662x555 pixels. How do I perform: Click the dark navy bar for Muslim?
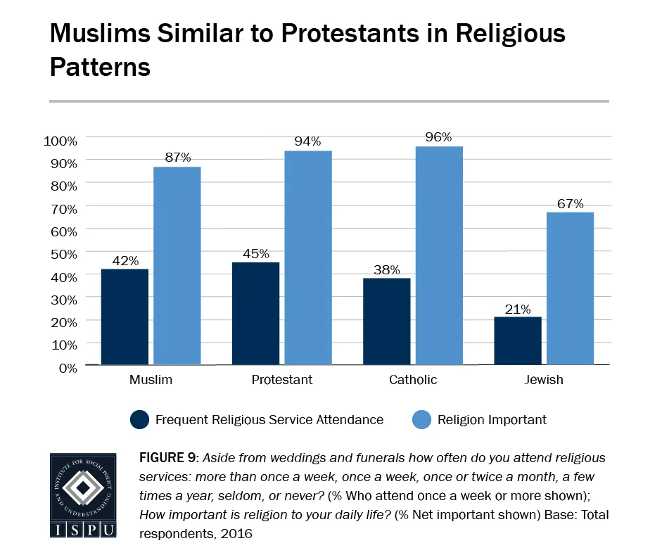pyautogui.click(x=125, y=317)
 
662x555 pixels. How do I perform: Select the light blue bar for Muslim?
pyautogui.click(x=177, y=266)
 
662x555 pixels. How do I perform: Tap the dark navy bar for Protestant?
pyautogui.click(x=255, y=314)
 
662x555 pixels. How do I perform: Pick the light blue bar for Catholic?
pyautogui.click(x=439, y=255)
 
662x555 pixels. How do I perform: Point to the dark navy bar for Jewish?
pyautogui.click(x=518, y=341)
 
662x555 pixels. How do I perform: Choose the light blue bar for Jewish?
pyautogui.click(x=570, y=288)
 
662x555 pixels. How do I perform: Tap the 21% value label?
pyautogui.click(x=518, y=308)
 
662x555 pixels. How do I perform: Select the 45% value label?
pyautogui.click(x=255, y=253)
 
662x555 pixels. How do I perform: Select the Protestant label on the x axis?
pyautogui.click(x=281, y=380)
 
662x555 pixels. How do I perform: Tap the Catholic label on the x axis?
pyautogui.click(x=413, y=380)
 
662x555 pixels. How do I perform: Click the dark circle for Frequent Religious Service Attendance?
pyautogui.click(x=140, y=420)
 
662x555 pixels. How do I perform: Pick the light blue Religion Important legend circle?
pyautogui.click(x=421, y=420)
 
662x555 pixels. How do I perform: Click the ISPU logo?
pyautogui.click(x=82, y=495)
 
